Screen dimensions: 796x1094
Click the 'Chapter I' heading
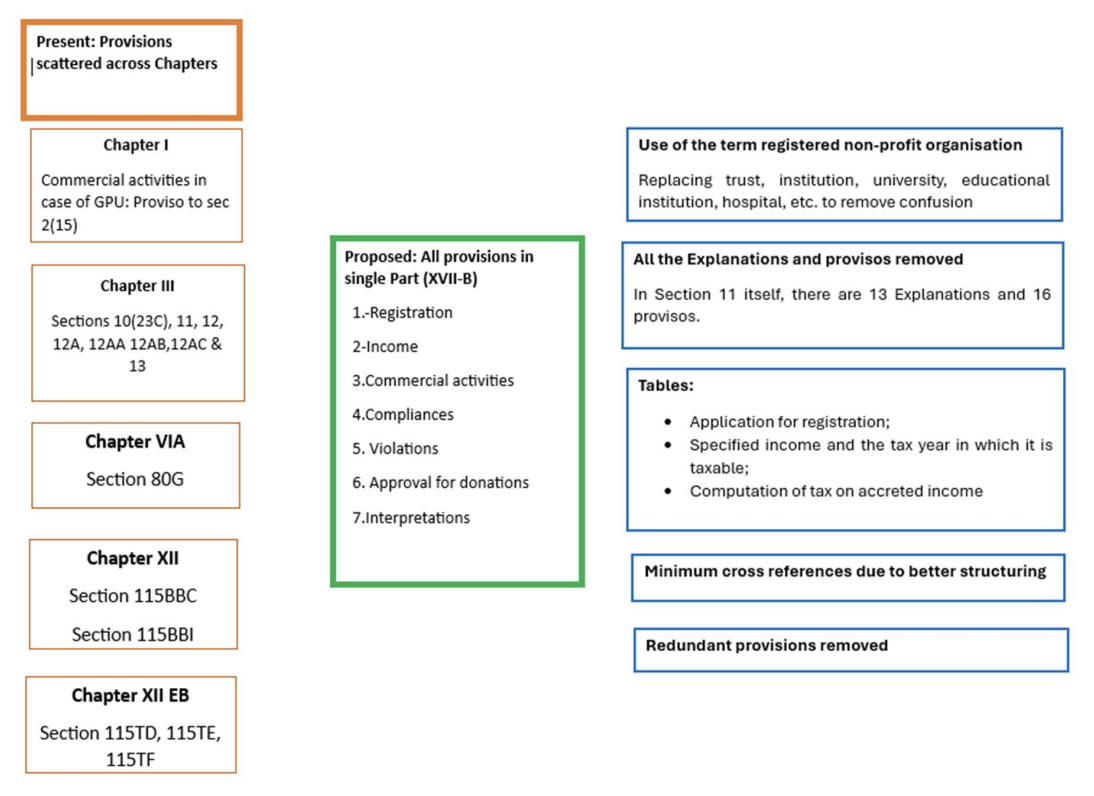(x=136, y=145)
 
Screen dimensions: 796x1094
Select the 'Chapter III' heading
(x=137, y=286)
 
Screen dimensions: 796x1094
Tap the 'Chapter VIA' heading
(x=135, y=442)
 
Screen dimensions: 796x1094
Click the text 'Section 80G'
(x=135, y=479)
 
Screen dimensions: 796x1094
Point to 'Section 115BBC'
(x=133, y=596)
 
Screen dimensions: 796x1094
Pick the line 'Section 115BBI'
(x=133, y=634)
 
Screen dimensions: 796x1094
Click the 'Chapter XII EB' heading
(x=130, y=695)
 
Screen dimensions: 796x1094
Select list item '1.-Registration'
(x=402, y=313)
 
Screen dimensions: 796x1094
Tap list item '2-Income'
(x=385, y=347)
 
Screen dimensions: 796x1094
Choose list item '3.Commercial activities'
(x=433, y=381)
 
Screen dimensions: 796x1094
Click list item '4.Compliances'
(x=402, y=415)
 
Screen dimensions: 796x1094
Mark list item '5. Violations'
(x=395, y=449)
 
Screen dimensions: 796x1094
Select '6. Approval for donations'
(x=440, y=483)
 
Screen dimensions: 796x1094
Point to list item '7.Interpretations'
(x=410, y=518)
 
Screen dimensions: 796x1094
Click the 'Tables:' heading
(x=666, y=386)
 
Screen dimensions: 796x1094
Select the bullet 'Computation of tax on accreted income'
(x=836, y=491)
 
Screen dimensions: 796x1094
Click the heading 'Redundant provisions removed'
(x=766, y=646)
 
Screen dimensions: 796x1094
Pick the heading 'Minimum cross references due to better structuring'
(x=845, y=572)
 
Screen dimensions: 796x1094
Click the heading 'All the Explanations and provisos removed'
(x=798, y=260)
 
